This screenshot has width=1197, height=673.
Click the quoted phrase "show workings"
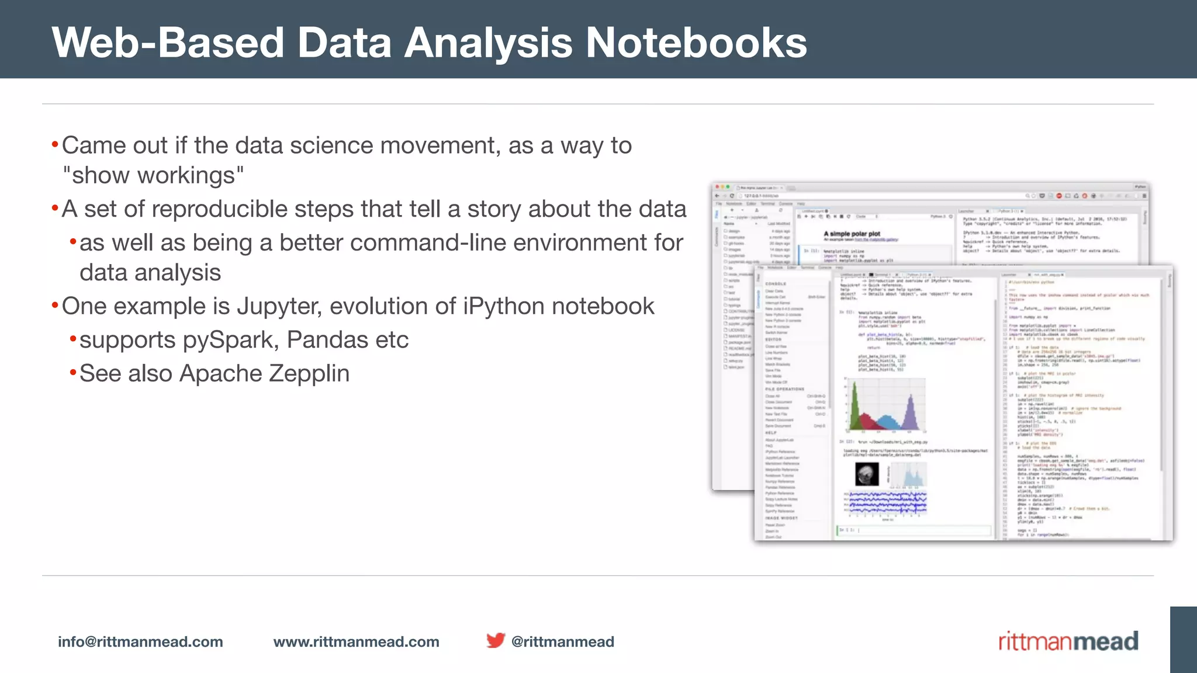click(x=154, y=175)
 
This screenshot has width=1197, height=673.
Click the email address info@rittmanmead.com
click(x=140, y=641)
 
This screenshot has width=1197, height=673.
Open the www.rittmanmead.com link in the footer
click(x=356, y=641)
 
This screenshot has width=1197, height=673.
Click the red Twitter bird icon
click(x=495, y=640)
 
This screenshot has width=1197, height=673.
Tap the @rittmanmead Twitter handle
click(x=562, y=641)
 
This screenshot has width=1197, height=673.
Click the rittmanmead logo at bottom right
click(x=1068, y=641)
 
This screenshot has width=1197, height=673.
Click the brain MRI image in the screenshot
click(x=867, y=474)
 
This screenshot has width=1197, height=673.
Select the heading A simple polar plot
click(x=852, y=234)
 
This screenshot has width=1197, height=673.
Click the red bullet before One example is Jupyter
click(x=55, y=306)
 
